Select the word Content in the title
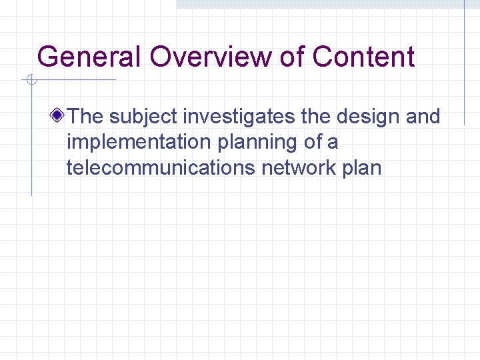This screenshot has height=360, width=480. [363, 57]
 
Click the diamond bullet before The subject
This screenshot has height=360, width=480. [59, 117]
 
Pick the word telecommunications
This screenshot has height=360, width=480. [160, 167]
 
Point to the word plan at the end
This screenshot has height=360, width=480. [362, 168]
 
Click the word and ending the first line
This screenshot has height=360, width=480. [423, 117]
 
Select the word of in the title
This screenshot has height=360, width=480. [291, 57]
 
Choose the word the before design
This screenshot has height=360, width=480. [316, 117]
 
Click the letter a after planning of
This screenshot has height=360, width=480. [333, 143]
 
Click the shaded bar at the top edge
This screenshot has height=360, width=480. [320, 4]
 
